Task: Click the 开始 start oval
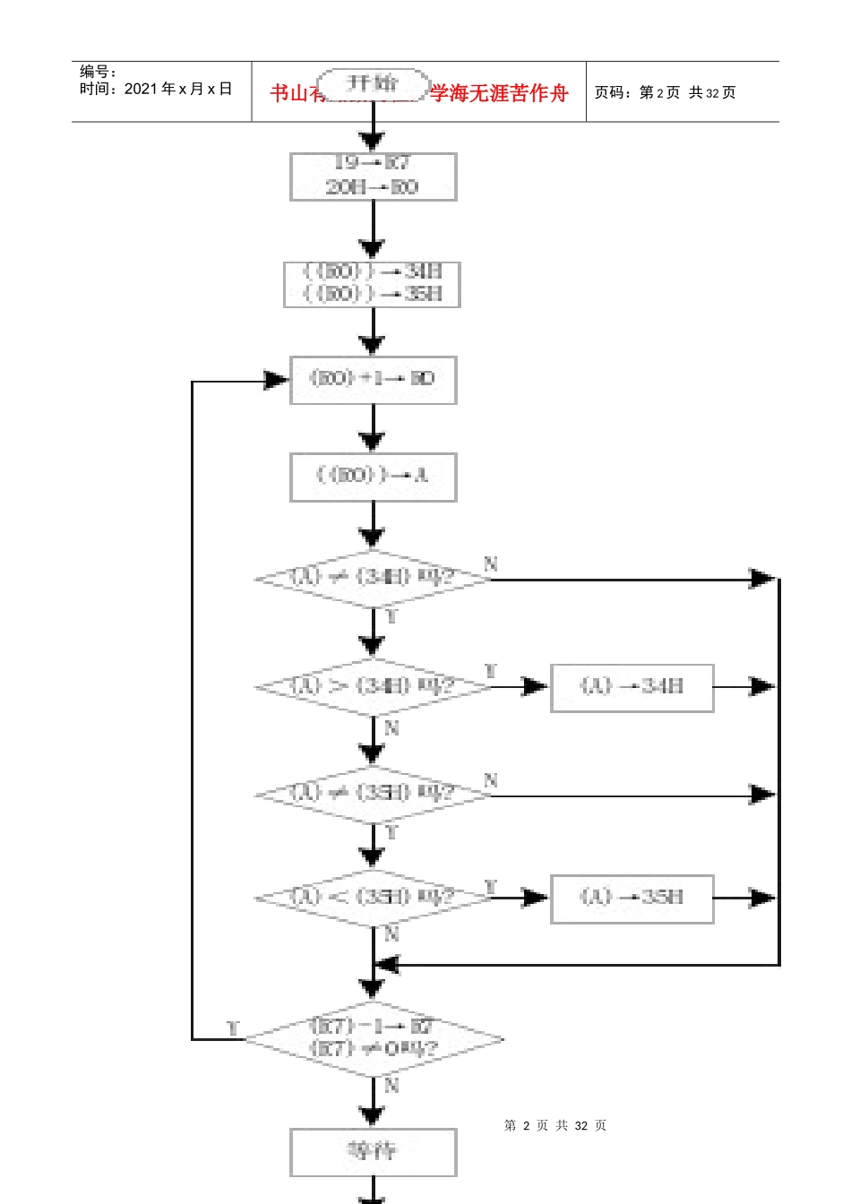coord(373,84)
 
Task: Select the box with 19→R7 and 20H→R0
coord(373,176)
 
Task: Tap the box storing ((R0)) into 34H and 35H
coord(372,283)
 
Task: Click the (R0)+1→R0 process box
coord(373,379)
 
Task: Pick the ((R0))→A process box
coord(373,476)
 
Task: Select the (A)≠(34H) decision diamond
coord(373,578)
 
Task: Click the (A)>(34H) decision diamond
coord(373,687)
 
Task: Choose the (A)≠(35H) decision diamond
coord(373,794)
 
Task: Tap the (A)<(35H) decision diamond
coord(373,898)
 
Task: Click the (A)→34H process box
coord(632,687)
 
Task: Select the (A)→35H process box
coord(632,898)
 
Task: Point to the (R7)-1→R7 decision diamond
coord(373,1038)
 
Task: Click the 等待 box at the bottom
coord(373,1151)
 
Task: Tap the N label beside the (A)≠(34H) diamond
coord(491,564)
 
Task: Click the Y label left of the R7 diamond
coord(234,1028)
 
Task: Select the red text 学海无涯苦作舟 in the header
coord(499,93)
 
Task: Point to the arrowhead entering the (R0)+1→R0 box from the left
coord(277,380)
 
